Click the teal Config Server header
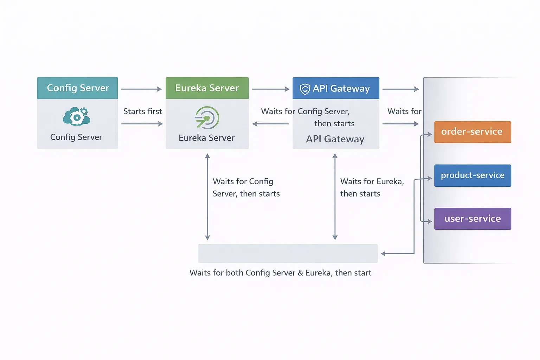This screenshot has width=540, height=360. click(77, 88)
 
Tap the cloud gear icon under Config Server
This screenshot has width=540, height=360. click(77, 116)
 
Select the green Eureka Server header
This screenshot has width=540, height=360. click(207, 88)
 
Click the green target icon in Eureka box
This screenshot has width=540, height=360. click(207, 118)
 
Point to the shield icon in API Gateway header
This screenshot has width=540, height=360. click(305, 89)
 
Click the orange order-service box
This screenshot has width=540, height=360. click(472, 132)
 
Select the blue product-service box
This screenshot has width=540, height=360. click(472, 175)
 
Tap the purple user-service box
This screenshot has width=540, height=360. click(472, 219)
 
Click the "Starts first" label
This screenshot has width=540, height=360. click(143, 111)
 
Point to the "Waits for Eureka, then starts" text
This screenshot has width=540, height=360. click(372, 187)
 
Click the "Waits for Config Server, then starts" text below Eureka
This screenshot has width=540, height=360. click(246, 187)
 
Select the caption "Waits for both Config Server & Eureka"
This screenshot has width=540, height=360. click(280, 273)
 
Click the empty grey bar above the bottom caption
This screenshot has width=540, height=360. click(288, 253)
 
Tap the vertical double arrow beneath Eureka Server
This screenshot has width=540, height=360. click(207, 197)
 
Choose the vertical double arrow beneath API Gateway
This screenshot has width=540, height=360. click(335, 197)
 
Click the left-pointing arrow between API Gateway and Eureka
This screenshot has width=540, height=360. click(270, 124)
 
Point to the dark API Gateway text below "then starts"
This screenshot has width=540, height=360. click(335, 139)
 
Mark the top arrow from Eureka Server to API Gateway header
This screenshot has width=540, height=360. click(270, 89)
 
